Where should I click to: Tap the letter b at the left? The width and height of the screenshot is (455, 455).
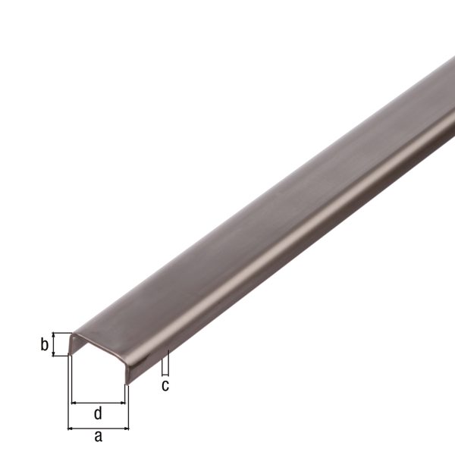click(x=44, y=346)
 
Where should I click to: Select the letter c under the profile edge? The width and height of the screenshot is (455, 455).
click(x=166, y=384)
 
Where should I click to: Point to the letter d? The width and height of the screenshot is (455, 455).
click(x=97, y=413)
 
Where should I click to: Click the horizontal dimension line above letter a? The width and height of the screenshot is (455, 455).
click(x=99, y=427)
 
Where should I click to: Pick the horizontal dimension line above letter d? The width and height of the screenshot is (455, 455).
click(x=99, y=403)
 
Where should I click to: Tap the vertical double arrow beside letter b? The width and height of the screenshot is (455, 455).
click(x=55, y=346)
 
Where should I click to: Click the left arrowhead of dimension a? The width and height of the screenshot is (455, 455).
click(x=71, y=427)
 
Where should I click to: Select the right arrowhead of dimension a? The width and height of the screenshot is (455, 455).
click(x=126, y=427)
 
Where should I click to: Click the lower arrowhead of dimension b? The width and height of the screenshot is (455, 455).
click(x=55, y=356)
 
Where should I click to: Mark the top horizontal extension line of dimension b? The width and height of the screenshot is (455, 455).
click(x=61, y=333)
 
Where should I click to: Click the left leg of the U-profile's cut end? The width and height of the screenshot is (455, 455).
click(x=71, y=345)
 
